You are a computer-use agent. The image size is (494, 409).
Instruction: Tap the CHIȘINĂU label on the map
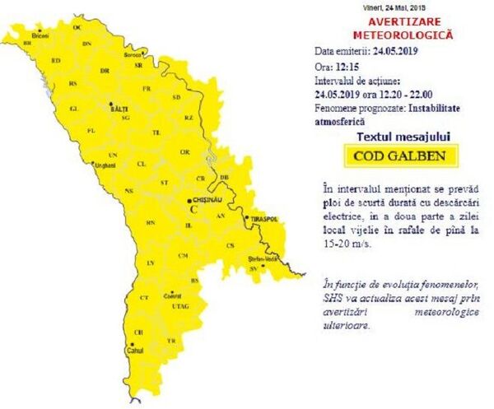[x=207, y=199]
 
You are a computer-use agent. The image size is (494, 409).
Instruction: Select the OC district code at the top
[x=78, y=27]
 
